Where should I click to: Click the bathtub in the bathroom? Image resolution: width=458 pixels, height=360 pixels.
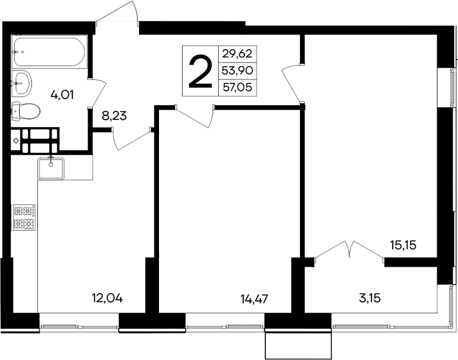pos(49,52)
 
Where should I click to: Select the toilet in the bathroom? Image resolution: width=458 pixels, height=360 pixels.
pos(26,111)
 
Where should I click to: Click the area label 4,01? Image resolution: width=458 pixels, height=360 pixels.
pos(64,95)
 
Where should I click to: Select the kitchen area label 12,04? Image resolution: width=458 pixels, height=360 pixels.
pos(107,298)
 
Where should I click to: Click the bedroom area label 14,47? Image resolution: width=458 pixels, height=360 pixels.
pos(254,298)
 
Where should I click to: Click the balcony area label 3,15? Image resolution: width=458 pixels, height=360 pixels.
pos(370,298)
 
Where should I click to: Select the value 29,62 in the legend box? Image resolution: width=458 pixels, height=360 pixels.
pos(237,53)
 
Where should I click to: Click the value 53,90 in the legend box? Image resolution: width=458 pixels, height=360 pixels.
pos(237,70)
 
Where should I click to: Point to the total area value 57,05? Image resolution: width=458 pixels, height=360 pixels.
pos(237,87)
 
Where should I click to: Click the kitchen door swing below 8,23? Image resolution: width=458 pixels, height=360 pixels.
pos(130,140)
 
